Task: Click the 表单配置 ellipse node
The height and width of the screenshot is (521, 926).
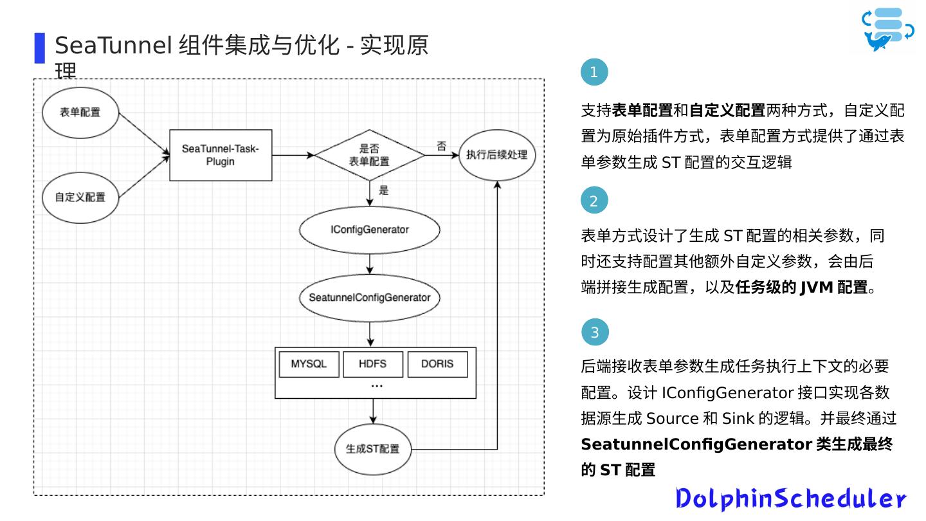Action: point(80,113)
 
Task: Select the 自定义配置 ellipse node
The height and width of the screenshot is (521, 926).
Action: point(80,197)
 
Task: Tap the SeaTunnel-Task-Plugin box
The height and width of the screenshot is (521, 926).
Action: point(221,155)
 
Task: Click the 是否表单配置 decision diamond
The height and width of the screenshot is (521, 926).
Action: point(369,155)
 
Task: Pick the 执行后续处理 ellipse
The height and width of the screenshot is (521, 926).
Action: point(496,155)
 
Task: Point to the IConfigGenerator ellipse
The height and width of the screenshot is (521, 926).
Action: point(369,230)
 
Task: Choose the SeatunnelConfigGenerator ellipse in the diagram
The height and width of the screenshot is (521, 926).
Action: point(369,298)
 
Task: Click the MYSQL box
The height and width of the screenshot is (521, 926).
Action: point(309,364)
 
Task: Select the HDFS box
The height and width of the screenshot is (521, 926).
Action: point(373,364)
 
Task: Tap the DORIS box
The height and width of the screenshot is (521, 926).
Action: point(437,364)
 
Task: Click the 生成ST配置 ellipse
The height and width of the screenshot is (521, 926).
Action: point(373,449)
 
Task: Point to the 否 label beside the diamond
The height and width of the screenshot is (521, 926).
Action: point(442,146)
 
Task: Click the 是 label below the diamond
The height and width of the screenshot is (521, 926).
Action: point(385,190)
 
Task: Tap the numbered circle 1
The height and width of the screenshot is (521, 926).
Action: point(594,72)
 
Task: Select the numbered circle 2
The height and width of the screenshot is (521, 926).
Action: point(594,201)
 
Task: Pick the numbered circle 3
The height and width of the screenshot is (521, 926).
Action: point(595,333)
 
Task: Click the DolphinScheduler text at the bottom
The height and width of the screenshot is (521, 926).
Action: point(790,499)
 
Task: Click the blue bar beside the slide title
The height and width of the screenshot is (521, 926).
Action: point(40,48)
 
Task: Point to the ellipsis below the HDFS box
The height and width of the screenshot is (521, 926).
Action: point(377,386)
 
